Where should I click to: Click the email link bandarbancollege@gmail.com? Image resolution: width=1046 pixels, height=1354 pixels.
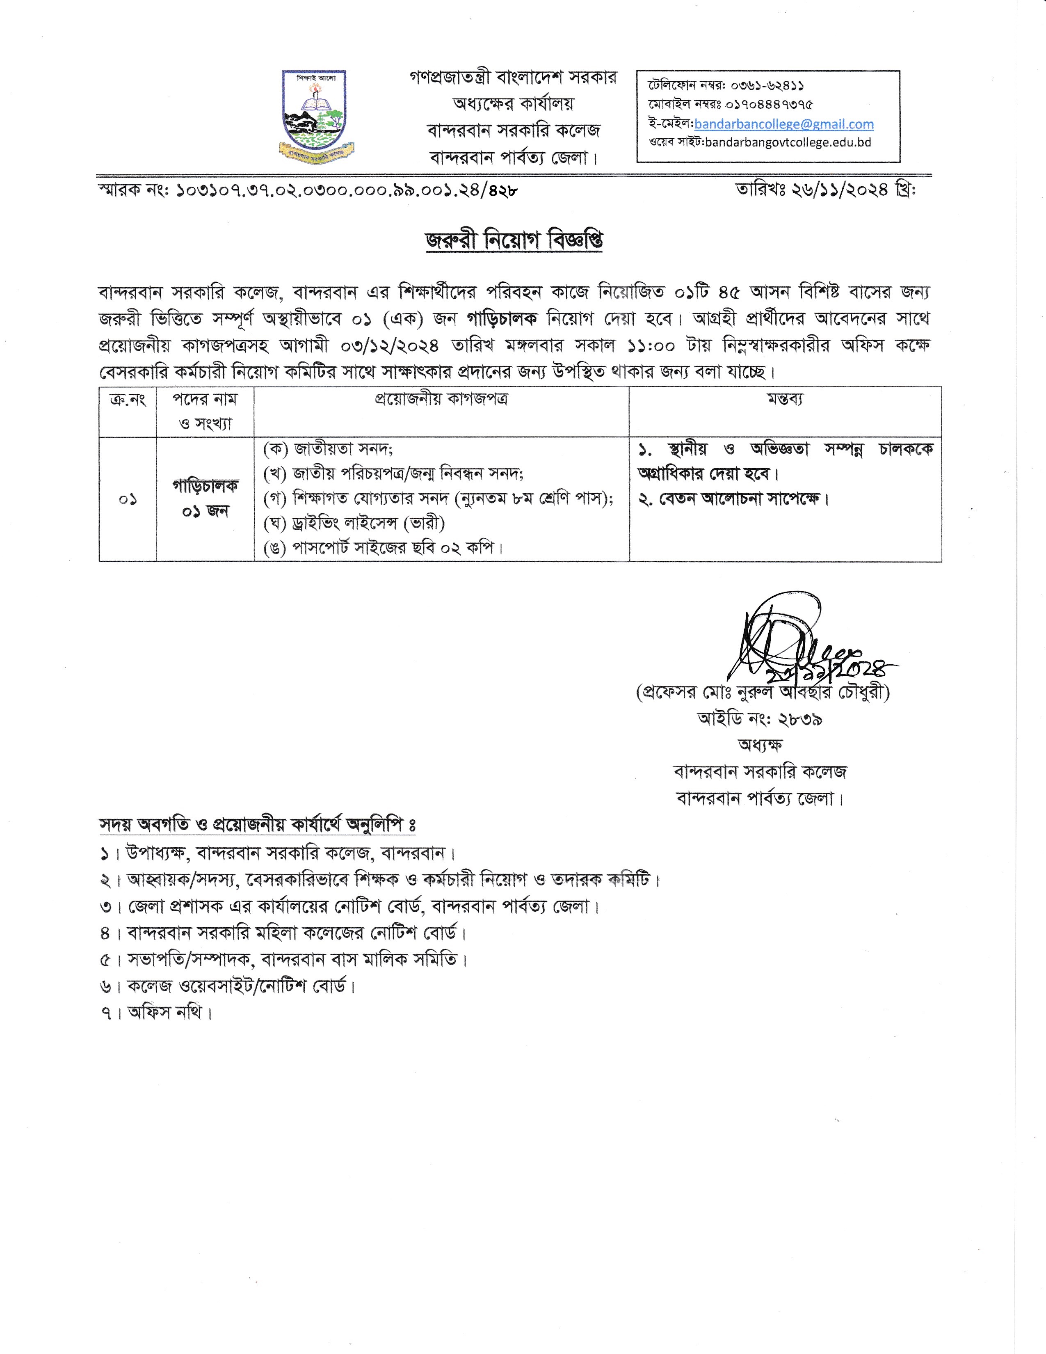[x=784, y=124]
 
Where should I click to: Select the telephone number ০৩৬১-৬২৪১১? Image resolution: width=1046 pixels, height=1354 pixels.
[x=767, y=86]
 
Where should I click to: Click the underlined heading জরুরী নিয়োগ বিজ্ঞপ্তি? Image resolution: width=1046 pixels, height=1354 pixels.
[x=514, y=240]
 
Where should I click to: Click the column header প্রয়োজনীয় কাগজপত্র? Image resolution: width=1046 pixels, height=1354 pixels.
[x=441, y=399]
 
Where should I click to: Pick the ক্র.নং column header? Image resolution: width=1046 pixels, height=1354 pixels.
[x=128, y=399]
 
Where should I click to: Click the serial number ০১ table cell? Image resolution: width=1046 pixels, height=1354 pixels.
[x=128, y=499]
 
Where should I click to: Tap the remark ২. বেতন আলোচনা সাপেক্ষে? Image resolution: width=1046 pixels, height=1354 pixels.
[x=734, y=499]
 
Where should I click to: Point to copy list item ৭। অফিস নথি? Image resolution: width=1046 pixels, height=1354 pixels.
[x=156, y=1012]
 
